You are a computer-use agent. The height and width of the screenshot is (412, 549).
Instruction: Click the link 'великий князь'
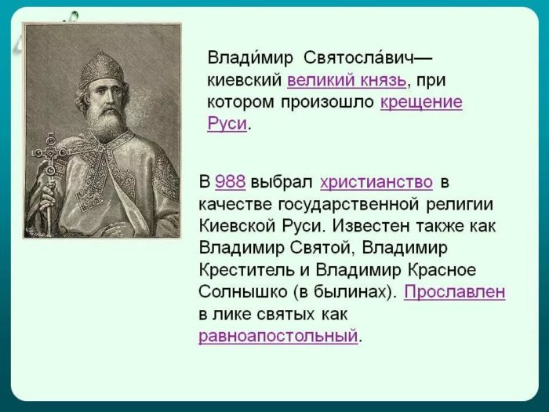coord(346,80)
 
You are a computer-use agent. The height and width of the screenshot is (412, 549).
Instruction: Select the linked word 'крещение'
coord(421,102)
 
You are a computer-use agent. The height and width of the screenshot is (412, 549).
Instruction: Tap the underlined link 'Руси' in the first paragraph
coord(227,124)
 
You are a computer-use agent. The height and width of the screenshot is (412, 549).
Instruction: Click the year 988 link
coord(230,182)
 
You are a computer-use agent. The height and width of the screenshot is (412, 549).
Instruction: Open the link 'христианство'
coord(376,182)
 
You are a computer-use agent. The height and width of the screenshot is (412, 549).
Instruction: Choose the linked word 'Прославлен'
coord(454,292)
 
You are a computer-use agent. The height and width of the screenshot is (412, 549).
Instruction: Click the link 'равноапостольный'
coord(278,337)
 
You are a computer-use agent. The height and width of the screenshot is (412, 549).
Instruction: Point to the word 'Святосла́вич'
coord(366,58)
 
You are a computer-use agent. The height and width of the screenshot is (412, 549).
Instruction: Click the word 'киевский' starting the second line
coord(244,80)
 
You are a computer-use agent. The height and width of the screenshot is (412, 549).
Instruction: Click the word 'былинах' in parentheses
coord(359,292)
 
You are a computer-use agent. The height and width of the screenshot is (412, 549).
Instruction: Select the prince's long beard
coord(106,122)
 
